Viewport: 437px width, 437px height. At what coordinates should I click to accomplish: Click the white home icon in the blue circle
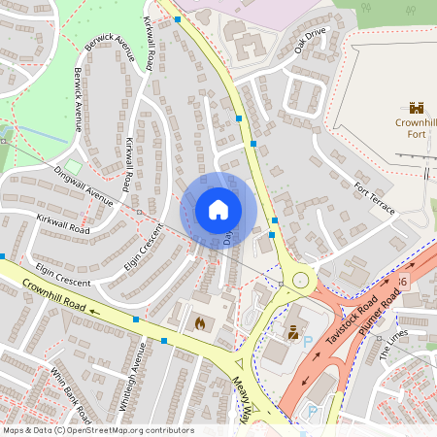218,210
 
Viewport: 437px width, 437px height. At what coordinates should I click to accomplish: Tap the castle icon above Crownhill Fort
417,109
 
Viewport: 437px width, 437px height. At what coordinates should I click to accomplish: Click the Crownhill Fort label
416,129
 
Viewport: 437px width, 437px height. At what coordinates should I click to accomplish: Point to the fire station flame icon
200,322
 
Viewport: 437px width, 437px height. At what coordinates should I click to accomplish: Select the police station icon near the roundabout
291,332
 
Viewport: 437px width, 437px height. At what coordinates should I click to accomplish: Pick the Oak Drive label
313,41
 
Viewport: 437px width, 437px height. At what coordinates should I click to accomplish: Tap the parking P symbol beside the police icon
308,342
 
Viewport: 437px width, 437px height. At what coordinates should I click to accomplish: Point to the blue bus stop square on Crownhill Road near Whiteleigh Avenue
136,319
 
